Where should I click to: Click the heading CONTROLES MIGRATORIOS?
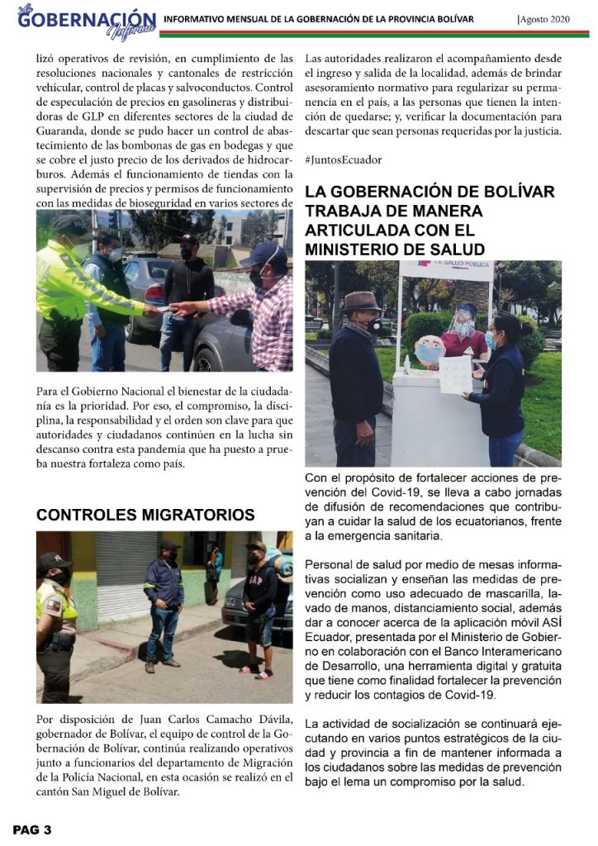click(145, 515)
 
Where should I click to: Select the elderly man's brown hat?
click(362, 302)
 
